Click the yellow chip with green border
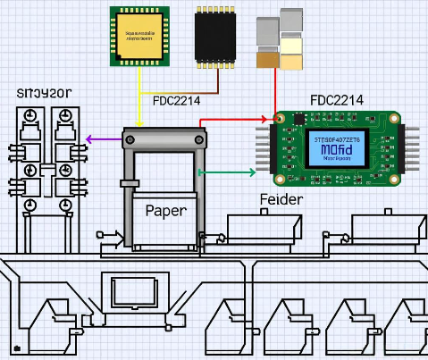pyautogui.click(x=139, y=36)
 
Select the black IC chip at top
pyautogui.click(x=216, y=36)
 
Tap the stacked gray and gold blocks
pyautogui.click(x=280, y=39)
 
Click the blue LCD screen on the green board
pyautogui.click(x=334, y=148)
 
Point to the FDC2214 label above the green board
pyautogui.click(x=336, y=100)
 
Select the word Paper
pyautogui.click(x=165, y=211)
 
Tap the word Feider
pyautogui.click(x=281, y=199)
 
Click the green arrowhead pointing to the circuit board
pyautogui.click(x=256, y=172)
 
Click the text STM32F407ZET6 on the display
pyautogui.click(x=333, y=139)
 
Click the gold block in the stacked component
pyautogui.click(x=267, y=59)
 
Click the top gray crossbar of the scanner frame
pyautogui.click(x=166, y=139)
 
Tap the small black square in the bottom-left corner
pyautogui.click(x=16, y=347)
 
